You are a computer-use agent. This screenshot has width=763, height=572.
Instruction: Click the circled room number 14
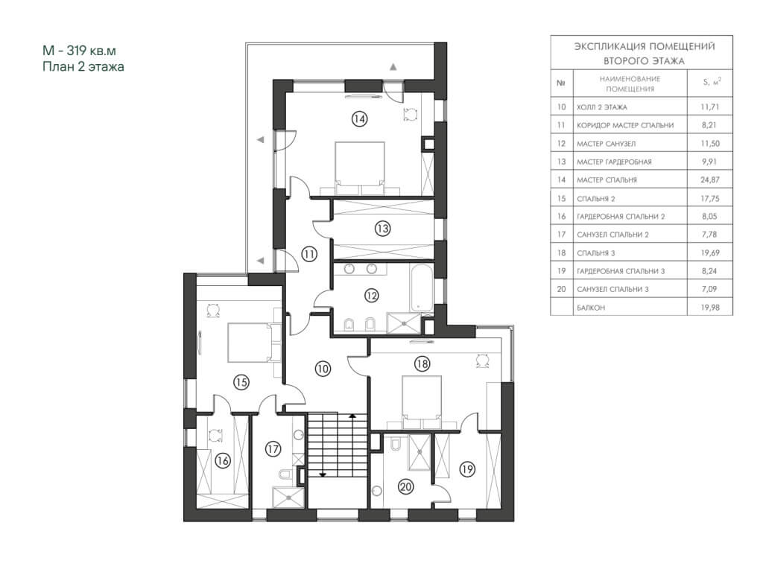click(x=360, y=118)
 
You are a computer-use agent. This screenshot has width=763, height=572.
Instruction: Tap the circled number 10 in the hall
click(x=323, y=369)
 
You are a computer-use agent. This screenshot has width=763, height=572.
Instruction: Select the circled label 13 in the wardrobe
click(x=383, y=228)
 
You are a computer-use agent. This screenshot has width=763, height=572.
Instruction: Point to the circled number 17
click(x=273, y=448)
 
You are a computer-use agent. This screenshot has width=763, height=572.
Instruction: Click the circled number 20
click(x=406, y=486)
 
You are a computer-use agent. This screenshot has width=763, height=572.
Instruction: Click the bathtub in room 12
click(x=422, y=287)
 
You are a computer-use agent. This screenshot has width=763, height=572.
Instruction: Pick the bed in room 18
click(x=422, y=400)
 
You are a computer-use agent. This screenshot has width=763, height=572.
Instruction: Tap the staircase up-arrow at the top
click(x=352, y=416)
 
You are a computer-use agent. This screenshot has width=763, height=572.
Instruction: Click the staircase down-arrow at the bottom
click(x=322, y=474)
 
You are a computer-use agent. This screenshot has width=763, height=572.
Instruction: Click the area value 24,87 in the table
click(x=710, y=179)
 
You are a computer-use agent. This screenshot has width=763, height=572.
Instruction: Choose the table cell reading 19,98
click(x=710, y=308)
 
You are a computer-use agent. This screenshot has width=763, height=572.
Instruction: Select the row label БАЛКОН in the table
click(x=591, y=308)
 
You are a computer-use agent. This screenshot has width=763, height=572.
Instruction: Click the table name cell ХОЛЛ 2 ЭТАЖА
click(x=602, y=107)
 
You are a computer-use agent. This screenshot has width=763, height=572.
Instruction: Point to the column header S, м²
click(x=712, y=82)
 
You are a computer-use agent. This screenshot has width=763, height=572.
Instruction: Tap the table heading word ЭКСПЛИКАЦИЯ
click(x=610, y=47)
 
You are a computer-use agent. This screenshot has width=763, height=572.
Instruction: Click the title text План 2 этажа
click(x=83, y=66)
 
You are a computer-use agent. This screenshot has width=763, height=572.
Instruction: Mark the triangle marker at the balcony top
click(x=393, y=66)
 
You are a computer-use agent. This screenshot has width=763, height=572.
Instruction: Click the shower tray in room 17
click(x=288, y=497)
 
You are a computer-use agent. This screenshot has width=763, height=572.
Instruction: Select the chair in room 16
click(x=215, y=434)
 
